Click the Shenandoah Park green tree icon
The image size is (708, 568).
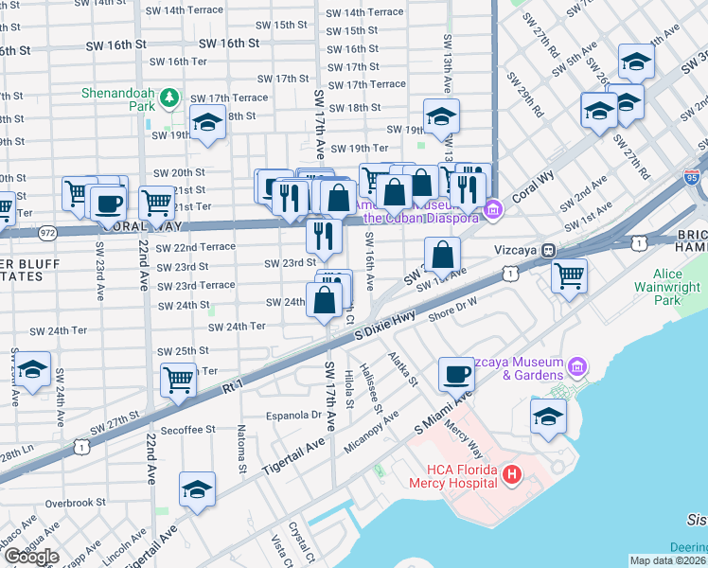(x=168, y=97)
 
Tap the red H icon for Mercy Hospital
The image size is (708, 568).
(x=512, y=473)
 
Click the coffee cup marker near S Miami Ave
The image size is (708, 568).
(x=457, y=373)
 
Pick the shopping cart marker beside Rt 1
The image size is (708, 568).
(x=178, y=380)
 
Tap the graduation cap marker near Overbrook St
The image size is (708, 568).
(x=196, y=489)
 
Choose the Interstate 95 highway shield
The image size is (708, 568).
(x=692, y=176)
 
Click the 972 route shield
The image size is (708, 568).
(x=48, y=232)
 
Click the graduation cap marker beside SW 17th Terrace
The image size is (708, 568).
(x=207, y=122)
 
